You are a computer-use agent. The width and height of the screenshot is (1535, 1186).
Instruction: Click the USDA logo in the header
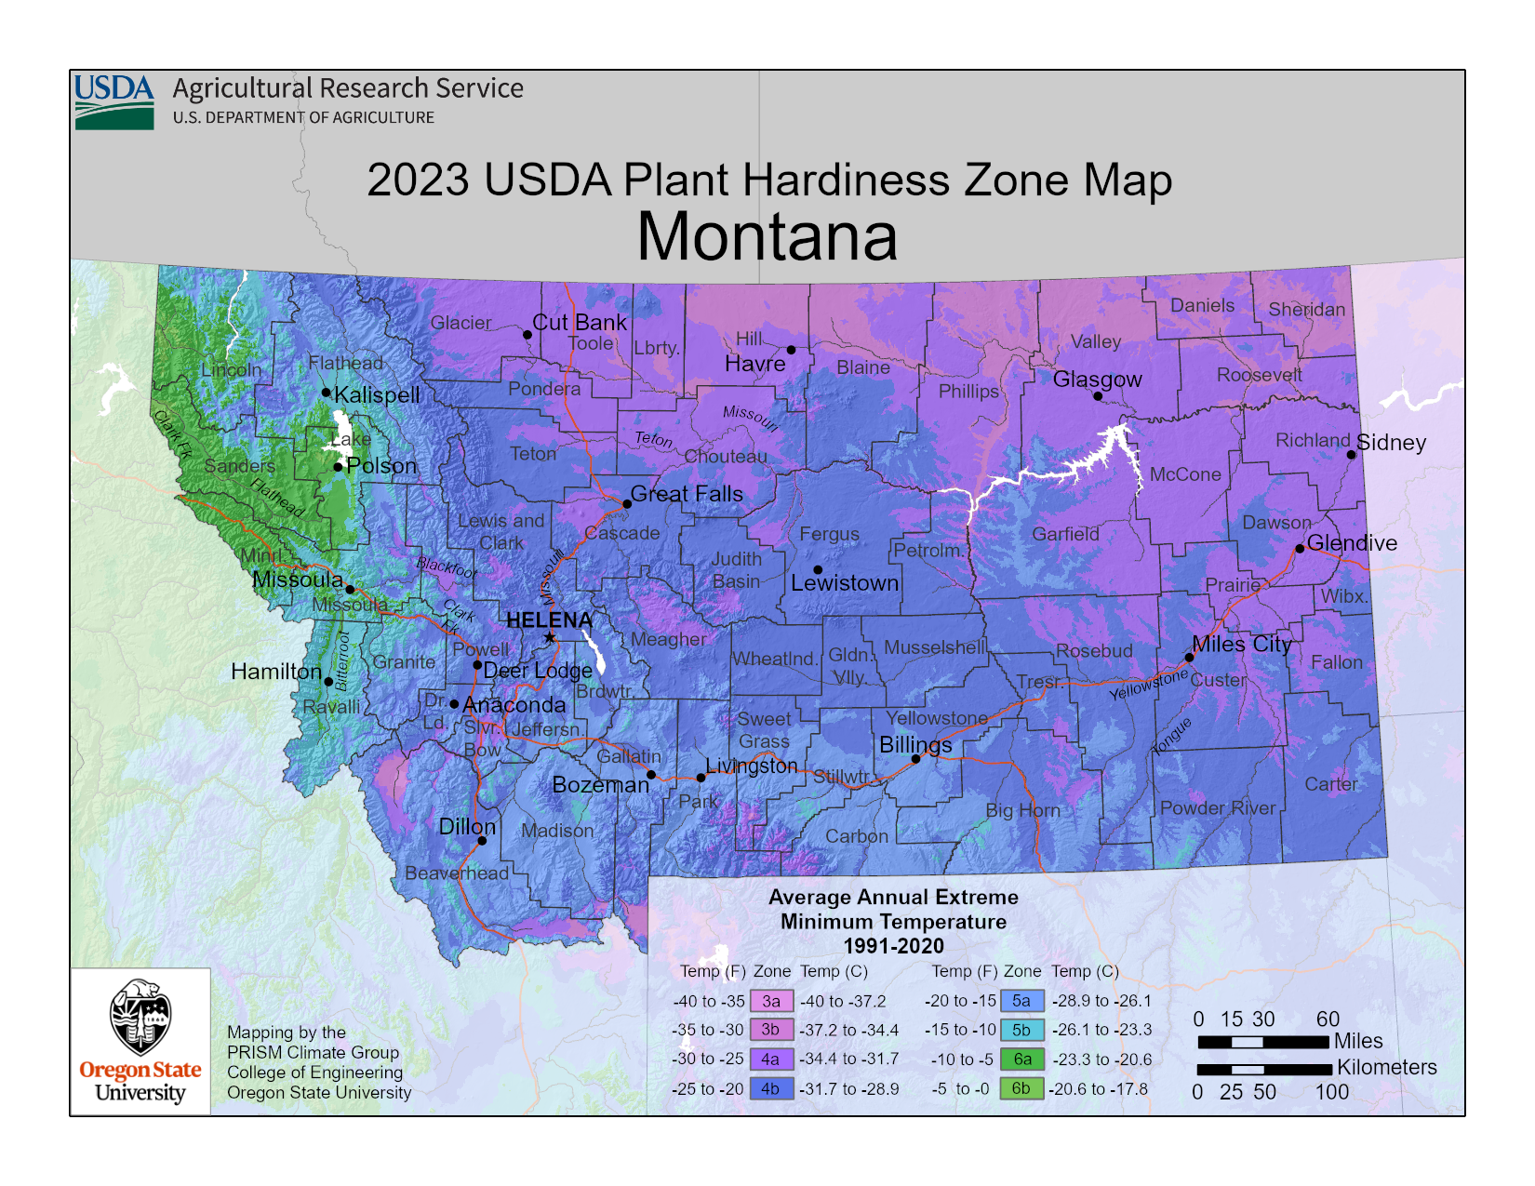click(114, 101)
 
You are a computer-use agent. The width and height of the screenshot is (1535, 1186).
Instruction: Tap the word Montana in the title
click(767, 237)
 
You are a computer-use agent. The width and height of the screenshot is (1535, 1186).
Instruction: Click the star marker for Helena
click(550, 637)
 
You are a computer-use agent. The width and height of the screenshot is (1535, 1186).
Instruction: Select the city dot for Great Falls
click(627, 504)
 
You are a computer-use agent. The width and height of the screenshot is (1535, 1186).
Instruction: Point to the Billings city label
click(915, 745)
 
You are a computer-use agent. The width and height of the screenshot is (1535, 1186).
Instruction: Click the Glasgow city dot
click(1098, 396)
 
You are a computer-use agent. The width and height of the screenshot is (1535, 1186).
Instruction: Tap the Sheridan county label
click(1306, 309)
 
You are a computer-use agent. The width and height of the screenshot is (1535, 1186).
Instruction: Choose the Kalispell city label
click(377, 394)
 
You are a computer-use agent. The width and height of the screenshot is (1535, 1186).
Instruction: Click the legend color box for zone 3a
click(771, 1001)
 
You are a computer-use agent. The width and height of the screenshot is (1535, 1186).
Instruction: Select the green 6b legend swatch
click(1021, 1088)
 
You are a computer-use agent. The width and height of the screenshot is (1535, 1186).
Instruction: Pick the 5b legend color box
click(1021, 1030)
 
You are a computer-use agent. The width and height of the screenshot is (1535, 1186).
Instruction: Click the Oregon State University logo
click(140, 1041)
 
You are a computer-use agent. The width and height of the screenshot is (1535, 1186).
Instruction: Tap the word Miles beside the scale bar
click(1358, 1041)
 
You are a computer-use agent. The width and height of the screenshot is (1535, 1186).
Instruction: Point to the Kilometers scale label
click(1386, 1067)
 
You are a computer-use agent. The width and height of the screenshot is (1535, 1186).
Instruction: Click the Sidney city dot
click(1352, 455)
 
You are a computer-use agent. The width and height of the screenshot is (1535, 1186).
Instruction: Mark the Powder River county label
click(1217, 807)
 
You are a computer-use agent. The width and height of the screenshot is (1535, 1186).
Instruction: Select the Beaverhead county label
click(456, 873)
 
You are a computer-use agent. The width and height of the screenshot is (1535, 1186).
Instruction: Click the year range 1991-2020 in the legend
click(893, 946)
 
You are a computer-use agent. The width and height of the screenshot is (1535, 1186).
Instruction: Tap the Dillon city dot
click(482, 841)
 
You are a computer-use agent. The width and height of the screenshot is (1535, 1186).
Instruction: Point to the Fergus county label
click(829, 534)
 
